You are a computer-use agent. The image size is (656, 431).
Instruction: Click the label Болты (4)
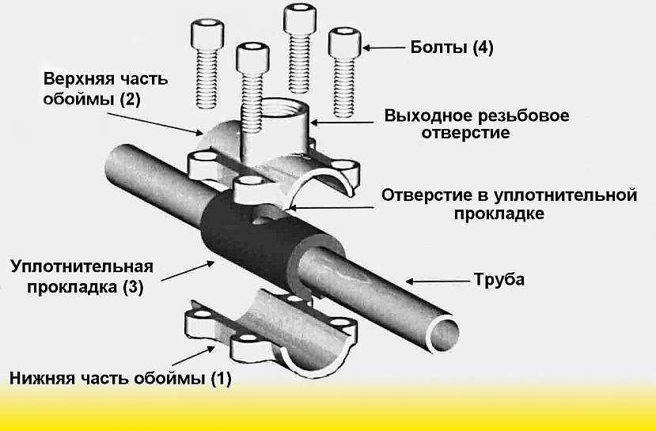[x=451, y=47]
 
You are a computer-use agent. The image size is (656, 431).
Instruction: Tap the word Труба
[x=499, y=279]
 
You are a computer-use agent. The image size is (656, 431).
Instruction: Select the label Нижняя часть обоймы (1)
[x=120, y=379]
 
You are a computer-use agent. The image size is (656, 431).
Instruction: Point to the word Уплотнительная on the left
[x=82, y=267]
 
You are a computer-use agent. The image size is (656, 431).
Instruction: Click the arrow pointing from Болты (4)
[x=384, y=47]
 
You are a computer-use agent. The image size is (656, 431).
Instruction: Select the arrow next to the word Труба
[x=438, y=282]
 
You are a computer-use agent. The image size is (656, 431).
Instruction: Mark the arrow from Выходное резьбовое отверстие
[x=341, y=123]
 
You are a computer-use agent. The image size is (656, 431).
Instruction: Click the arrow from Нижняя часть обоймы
[x=194, y=357]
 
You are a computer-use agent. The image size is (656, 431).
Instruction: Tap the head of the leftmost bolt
[x=207, y=33]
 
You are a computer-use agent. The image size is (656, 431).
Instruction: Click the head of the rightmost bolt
[x=345, y=41]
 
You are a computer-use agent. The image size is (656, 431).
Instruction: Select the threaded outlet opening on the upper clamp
[x=285, y=108]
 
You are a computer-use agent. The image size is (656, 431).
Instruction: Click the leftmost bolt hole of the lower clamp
[x=203, y=313]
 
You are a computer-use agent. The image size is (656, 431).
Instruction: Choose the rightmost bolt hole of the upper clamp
[x=343, y=164]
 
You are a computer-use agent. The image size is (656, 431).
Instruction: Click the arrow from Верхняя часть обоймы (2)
[x=154, y=123]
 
